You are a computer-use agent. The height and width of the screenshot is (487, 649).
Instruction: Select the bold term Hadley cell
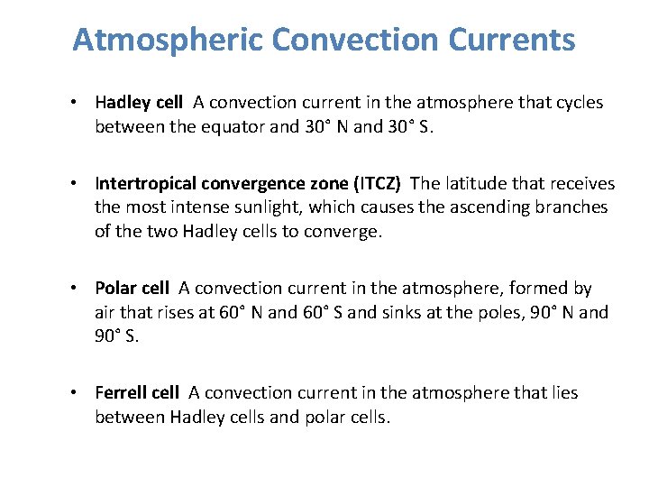pos(139,102)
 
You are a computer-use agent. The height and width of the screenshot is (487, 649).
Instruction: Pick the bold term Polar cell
pos(132,289)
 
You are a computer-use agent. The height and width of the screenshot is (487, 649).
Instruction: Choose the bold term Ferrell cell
pos(137,393)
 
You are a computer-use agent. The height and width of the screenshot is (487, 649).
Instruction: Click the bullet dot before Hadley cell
pos(80,103)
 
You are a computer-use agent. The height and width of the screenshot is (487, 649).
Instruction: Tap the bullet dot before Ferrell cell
pos(80,393)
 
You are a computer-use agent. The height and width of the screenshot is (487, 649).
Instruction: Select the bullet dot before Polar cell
pos(80,289)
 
